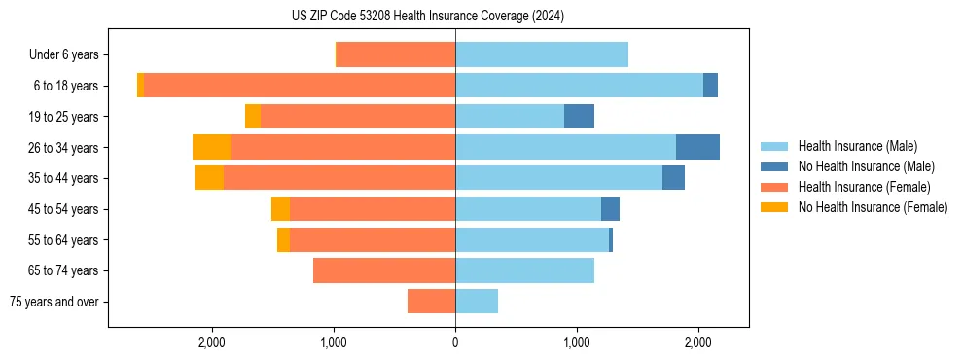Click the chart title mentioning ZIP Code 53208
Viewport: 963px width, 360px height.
click(428, 17)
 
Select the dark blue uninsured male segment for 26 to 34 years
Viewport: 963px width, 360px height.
click(697, 147)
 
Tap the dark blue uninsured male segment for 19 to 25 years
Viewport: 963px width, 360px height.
click(579, 117)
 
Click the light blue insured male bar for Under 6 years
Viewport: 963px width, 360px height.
click(542, 54)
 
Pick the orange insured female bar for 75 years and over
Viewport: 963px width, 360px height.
click(431, 302)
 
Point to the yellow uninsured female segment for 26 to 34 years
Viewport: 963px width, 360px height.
click(211, 147)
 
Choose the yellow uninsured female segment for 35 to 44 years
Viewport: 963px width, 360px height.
click(209, 178)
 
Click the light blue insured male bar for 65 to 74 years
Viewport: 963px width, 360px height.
click(524, 270)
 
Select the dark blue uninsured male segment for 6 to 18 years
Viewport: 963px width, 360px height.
click(710, 86)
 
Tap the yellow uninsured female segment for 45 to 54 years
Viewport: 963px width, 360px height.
click(280, 209)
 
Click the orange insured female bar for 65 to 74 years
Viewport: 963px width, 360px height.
click(384, 270)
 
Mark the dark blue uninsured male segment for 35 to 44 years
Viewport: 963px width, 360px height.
click(673, 178)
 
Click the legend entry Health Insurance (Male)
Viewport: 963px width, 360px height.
click(857, 146)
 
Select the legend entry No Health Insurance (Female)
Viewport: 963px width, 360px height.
click(873, 207)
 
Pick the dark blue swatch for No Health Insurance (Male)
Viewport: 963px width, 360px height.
click(774, 166)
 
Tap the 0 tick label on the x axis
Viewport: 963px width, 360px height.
click(455, 342)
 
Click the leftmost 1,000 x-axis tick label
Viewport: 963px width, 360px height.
click(334, 342)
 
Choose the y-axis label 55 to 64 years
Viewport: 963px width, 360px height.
click(64, 239)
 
